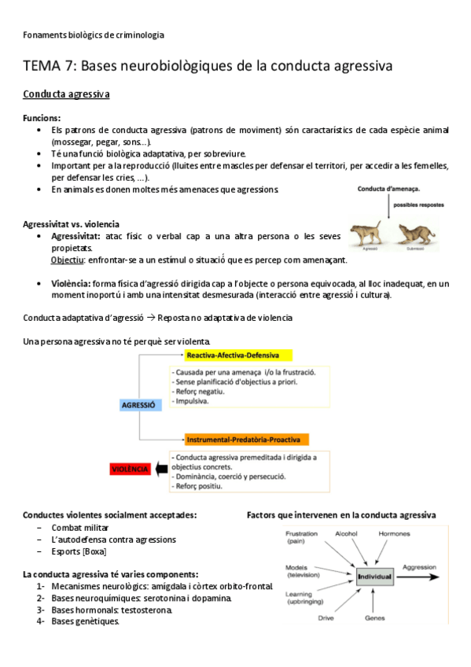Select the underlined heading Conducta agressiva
click(66, 95)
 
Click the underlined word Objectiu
click(68, 260)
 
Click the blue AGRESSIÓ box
click(138, 404)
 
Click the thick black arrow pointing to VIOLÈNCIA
click(162, 469)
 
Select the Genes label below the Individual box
click(374, 618)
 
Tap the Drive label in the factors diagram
click(326, 618)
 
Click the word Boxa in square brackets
click(94, 551)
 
